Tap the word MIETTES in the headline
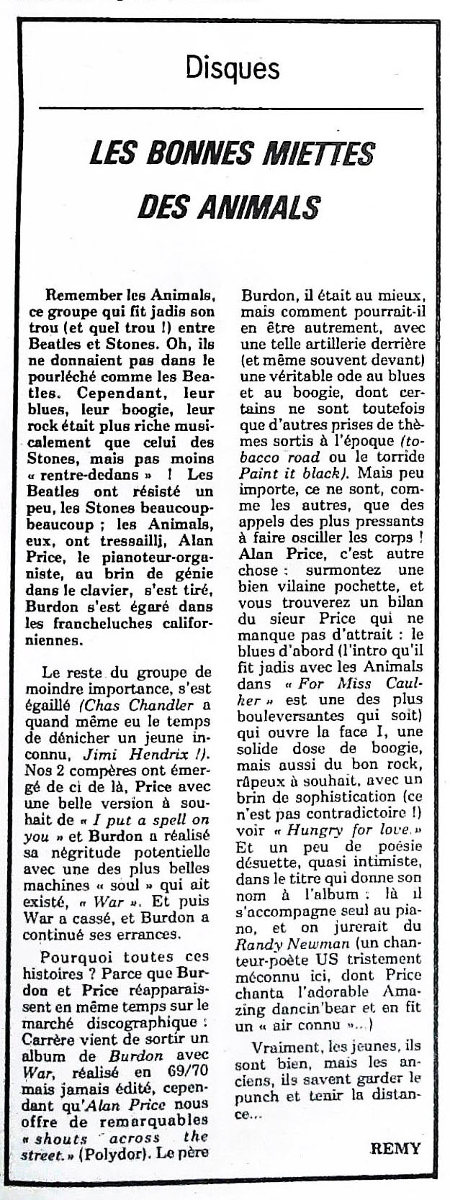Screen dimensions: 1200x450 pos(324,153)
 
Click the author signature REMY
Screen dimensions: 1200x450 pos(395,1148)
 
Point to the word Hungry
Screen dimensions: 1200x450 pos(323,831)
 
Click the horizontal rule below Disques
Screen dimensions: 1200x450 pos(232,106)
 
